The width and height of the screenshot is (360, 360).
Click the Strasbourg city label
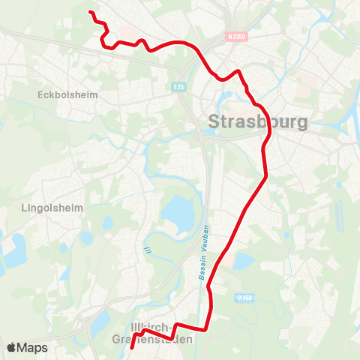(256, 121)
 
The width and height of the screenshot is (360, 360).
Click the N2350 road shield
(235, 36)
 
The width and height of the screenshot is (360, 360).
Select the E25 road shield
(178, 85)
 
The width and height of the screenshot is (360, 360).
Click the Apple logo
(12, 347)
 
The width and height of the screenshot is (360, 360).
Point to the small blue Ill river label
(148, 250)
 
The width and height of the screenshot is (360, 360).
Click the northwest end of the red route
(90, 12)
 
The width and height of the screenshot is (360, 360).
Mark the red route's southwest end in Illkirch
(131, 348)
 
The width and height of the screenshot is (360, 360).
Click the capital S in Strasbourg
(214, 122)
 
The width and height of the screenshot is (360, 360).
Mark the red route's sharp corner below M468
(208, 328)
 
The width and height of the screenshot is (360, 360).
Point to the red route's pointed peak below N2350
(238, 71)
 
